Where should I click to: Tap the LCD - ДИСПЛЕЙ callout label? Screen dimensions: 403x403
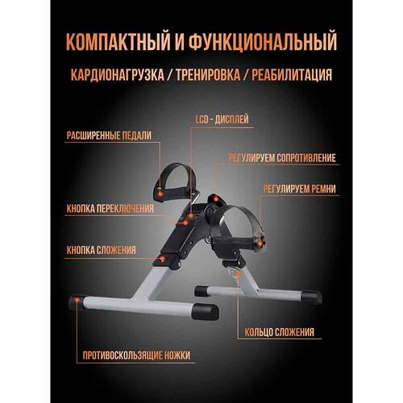point(222,119)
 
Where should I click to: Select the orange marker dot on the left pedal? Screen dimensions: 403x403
point(162,195)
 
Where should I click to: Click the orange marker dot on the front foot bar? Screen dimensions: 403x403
point(78,301)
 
